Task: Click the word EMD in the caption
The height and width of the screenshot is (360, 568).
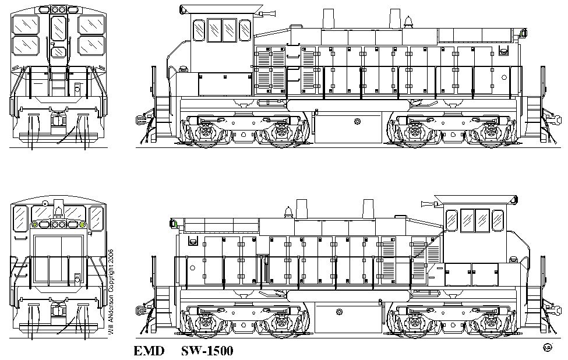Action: [x=149, y=351]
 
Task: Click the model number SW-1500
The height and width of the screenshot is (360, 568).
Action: [x=207, y=351]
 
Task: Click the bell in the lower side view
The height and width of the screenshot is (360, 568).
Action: [x=288, y=213]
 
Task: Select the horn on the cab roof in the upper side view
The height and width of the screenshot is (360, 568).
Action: [x=268, y=14]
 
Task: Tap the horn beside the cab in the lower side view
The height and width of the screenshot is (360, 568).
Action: [x=429, y=204]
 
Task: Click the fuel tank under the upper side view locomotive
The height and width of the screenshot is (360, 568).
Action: [x=348, y=127]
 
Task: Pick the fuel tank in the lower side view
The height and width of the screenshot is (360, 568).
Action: [x=348, y=317]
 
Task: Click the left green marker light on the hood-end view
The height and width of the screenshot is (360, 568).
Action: [x=35, y=224]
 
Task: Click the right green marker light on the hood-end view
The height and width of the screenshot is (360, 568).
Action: [x=82, y=224]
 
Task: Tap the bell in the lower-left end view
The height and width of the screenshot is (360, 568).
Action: [x=58, y=210]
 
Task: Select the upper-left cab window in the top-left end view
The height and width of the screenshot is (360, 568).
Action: [x=26, y=24]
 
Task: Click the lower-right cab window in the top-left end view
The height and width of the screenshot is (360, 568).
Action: [x=91, y=45]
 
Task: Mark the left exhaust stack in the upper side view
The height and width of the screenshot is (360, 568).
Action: [x=328, y=19]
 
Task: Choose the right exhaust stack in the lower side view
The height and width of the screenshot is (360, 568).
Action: [x=368, y=209]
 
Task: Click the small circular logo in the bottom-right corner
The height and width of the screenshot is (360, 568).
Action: [x=548, y=348]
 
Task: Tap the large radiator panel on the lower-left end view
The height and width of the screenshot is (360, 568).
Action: [x=59, y=259]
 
